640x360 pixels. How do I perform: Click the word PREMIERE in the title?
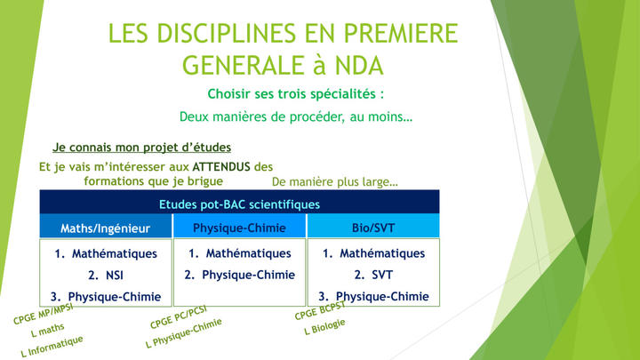coord(401,33)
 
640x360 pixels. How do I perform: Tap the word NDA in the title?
coord(359,65)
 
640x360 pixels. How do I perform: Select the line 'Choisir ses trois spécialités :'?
coord(296,94)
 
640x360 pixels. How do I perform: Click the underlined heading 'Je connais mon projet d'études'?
coord(141,148)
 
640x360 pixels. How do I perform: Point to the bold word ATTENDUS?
coord(221,166)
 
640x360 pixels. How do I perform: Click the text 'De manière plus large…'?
coord(335,181)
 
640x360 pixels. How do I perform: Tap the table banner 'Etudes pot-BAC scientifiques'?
coord(240,204)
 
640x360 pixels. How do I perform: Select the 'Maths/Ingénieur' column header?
coord(106,228)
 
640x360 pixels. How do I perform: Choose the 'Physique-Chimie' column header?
coord(240,228)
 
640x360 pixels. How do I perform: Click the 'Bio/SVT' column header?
coord(373,228)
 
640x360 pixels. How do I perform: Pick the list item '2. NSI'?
coord(106,276)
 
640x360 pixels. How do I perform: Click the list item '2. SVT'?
coord(373,275)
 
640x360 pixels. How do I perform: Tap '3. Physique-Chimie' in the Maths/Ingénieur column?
coord(106,297)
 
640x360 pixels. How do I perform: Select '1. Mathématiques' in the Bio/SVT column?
coord(373,253)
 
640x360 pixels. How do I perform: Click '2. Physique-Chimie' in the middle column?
coord(240,275)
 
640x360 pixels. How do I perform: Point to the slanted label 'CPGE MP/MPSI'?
coord(44,314)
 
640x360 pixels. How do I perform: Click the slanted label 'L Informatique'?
coord(52,347)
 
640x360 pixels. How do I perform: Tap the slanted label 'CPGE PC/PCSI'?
coord(179,316)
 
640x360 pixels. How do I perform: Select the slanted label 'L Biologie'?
coord(325,327)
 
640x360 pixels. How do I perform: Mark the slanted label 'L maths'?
coord(47,330)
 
